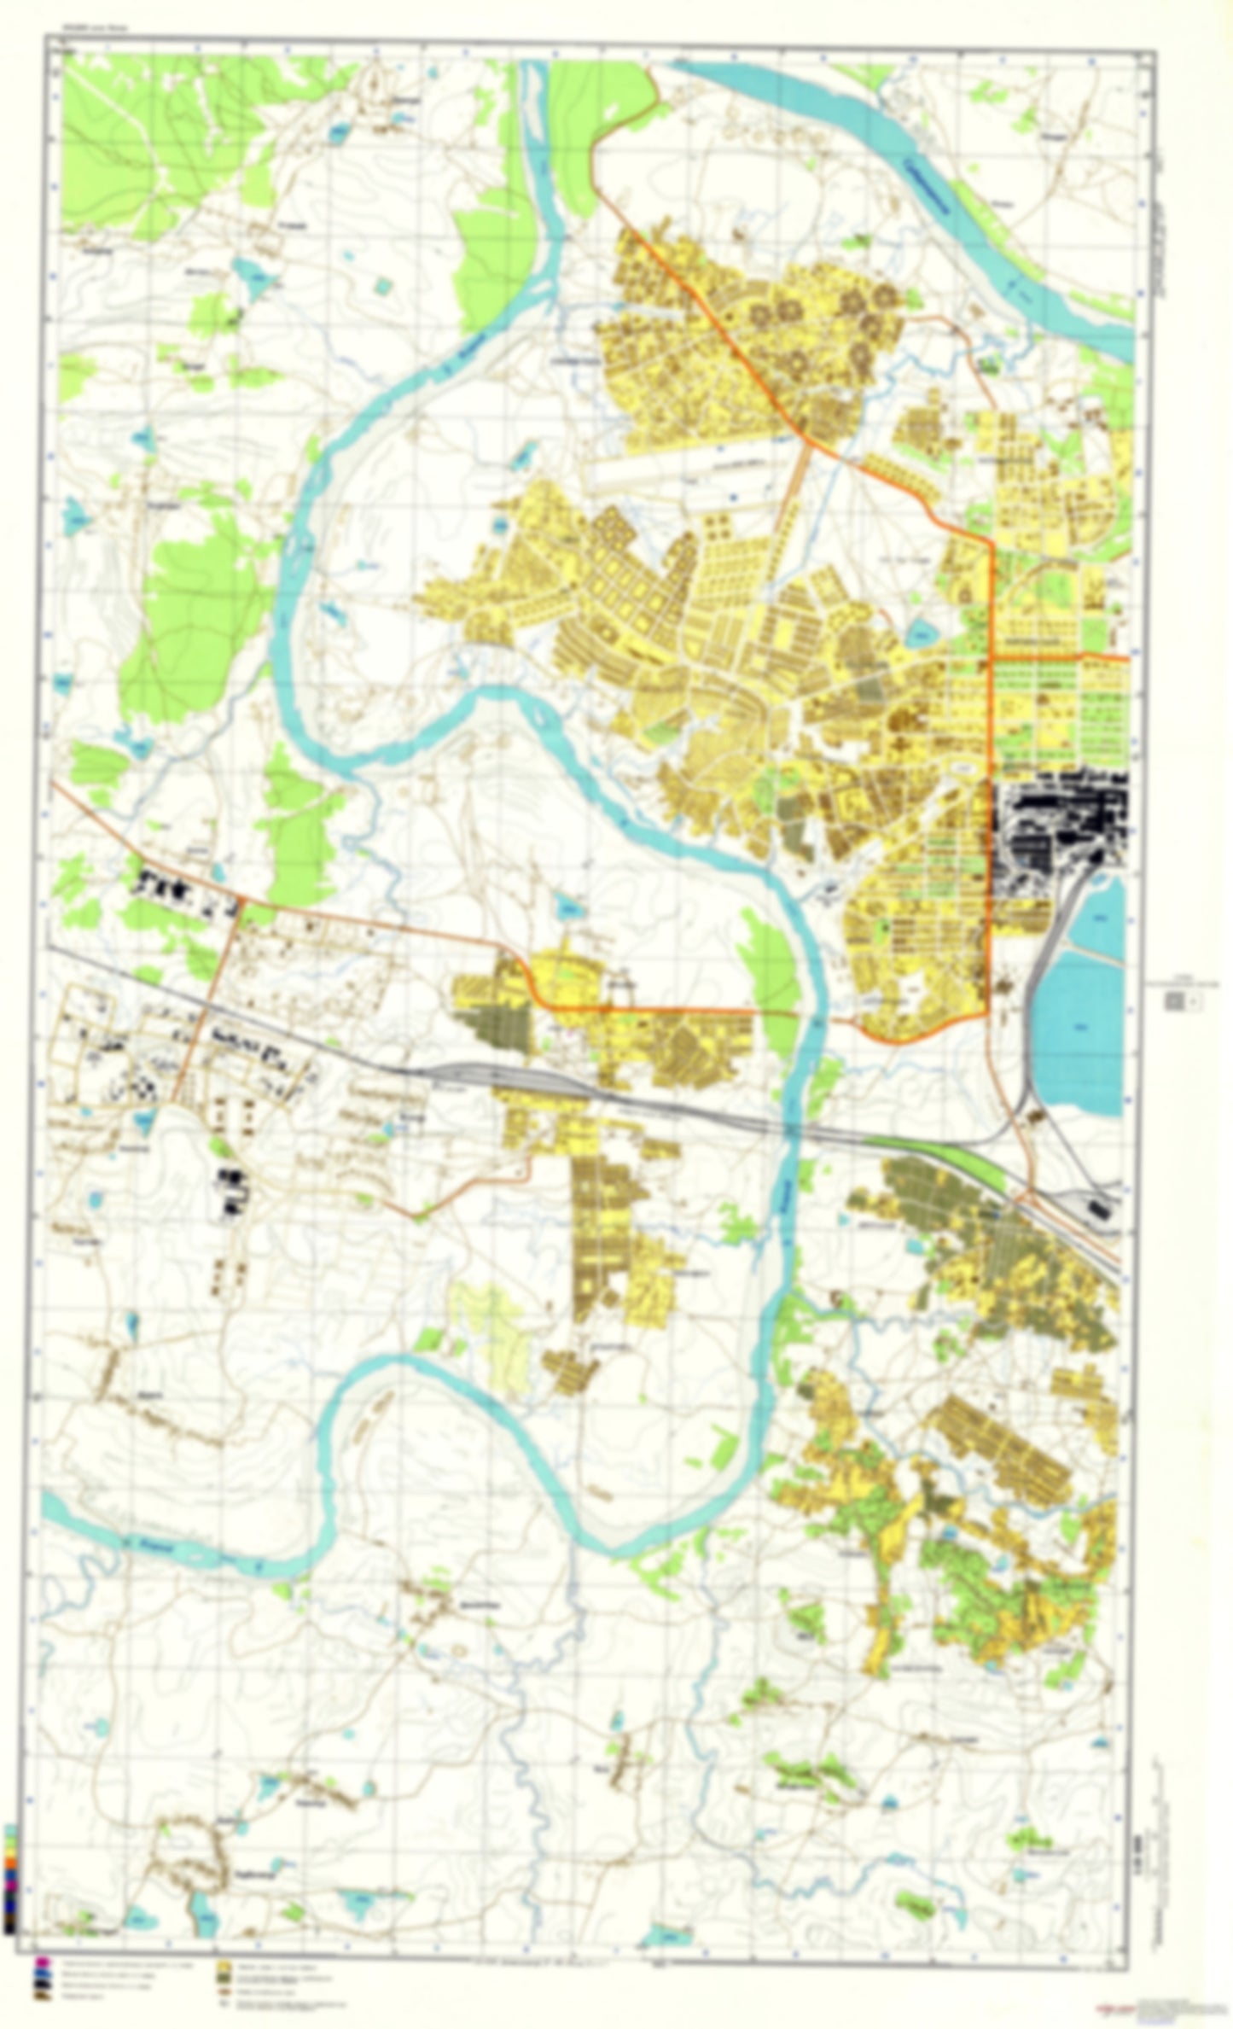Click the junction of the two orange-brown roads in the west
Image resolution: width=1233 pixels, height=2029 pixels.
[x=241, y=901]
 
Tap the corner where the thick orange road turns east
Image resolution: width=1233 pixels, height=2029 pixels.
[x=992, y=657]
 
